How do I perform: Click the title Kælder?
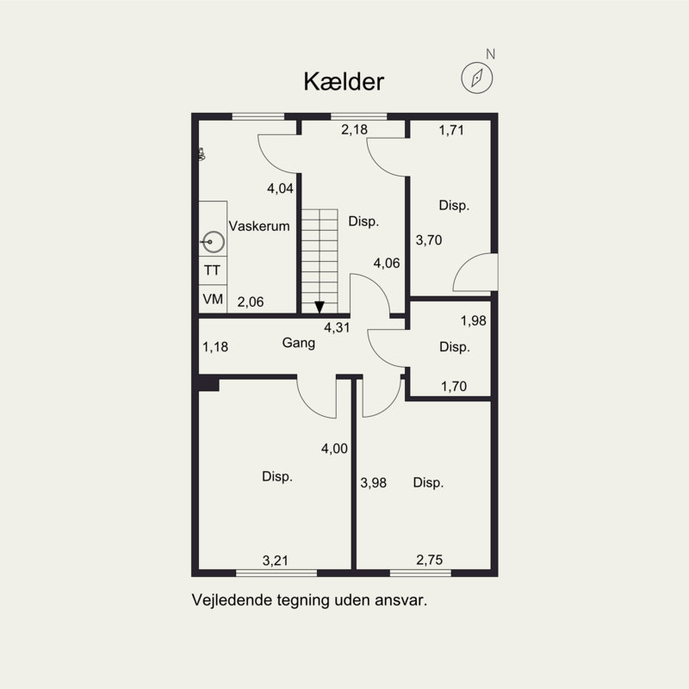(344, 82)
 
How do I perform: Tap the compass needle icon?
(477, 78)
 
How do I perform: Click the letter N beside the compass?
(490, 54)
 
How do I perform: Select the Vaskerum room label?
(259, 226)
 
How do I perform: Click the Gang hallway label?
(299, 343)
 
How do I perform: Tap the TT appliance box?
(213, 270)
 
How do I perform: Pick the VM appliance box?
(213, 299)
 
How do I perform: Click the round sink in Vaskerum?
(214, 242)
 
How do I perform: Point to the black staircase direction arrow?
(320, 307)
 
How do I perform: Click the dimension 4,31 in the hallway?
(337, 327)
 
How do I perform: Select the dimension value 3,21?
(276, 561)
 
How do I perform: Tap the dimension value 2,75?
(429, 560)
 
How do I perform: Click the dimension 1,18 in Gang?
(215, 347)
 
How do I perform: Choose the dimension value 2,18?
(354, 129)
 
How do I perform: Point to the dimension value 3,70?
(429, 240)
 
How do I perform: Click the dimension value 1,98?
(473, 320)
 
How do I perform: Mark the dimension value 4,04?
(281, 189)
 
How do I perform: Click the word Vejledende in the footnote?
(232, 599)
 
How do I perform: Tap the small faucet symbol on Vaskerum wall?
(202, 154)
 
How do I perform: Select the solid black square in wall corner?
(208, 383)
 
